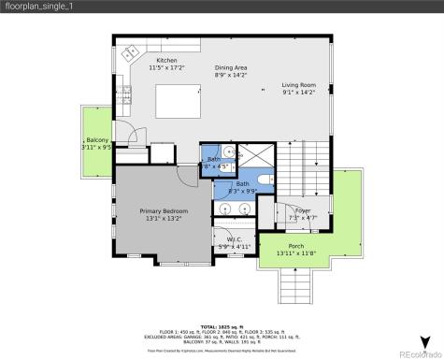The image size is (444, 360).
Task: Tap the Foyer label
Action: pyautogui.click(x=301, y=210)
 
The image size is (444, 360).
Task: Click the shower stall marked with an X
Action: pyautogui.click(x=251, y=154)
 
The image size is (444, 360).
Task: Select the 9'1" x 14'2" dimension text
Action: pyautogui.click(x=299, y=91)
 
